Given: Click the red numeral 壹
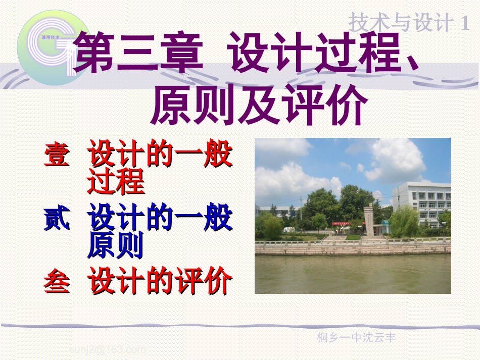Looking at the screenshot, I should click(57, 155).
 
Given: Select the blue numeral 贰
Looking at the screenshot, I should click(57, 220).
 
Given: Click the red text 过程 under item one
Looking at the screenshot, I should click(116, 182).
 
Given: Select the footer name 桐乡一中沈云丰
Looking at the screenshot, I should click(356, 338).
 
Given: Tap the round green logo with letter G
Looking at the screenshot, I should click(45, 46).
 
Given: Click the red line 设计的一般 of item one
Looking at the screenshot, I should click(160, 155).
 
